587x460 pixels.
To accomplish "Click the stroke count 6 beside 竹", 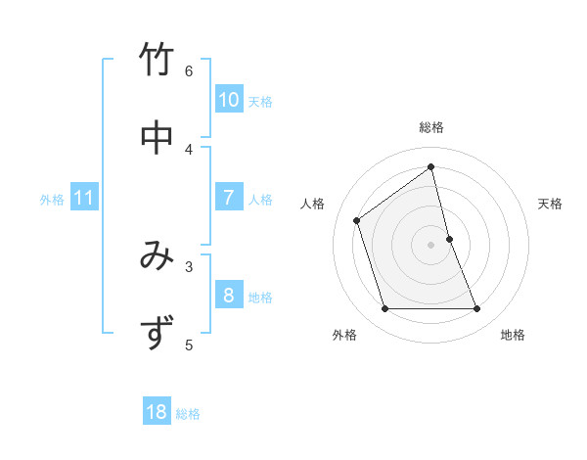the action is point(189,70).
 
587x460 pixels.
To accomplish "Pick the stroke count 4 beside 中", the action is point(189,148).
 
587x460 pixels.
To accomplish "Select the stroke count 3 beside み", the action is point(189,265).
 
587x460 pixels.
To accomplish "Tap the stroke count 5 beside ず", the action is point(189,344).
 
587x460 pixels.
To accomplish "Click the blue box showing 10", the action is point(228,100).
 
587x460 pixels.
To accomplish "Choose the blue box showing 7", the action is point(228,198).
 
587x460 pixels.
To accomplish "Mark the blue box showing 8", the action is point(228,296).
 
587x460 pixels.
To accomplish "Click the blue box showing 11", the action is point(84,198).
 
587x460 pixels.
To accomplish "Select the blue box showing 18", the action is point(157,412).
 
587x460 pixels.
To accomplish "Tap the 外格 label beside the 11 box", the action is point(52,200).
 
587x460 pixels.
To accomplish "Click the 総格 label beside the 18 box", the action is point(188,414).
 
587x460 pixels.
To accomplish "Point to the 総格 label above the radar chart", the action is point(431,127).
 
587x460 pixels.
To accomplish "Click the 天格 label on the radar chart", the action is point(550,204).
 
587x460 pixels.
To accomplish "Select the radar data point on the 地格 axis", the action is point(477,309).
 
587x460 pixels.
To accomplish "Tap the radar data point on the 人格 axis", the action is point(357,220).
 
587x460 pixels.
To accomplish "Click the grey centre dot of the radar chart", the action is point(431,244).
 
